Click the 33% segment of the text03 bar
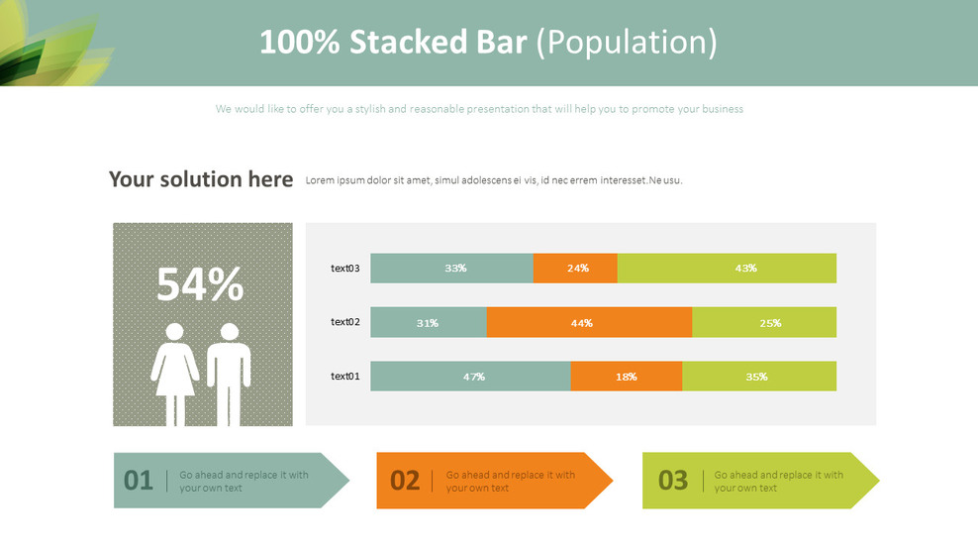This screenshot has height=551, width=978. [x=451, y=268]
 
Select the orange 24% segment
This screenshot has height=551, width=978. [x=575, y=268]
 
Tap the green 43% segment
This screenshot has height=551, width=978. [x=727, y=268]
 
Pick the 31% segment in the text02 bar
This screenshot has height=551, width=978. [x=429, y=322]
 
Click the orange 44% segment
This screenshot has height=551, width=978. [x=589, y=322]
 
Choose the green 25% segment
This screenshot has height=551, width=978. [x=764, y=322]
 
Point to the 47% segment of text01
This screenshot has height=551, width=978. [x=470, y=376]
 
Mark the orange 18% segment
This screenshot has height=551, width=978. [x=627, y=376]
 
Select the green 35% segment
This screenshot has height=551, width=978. [x=759, y=376]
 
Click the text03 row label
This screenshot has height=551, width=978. [x=344, y=268]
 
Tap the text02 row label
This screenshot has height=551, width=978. [x=344, y=322]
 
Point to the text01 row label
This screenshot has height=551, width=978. [x=344, y=376]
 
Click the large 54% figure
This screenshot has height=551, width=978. [x=200, y=284]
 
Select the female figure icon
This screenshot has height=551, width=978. [x=174, y=375]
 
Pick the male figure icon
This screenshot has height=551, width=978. [x=229, y=375]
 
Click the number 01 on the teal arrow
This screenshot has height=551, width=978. [x=138, y=481]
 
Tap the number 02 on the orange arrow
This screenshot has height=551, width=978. [x=405, y=481]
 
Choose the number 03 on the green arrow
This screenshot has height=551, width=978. [x=673, y=481]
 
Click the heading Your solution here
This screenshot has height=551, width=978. [x=201, y=179]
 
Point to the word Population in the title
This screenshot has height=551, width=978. [x=627, y=43]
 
